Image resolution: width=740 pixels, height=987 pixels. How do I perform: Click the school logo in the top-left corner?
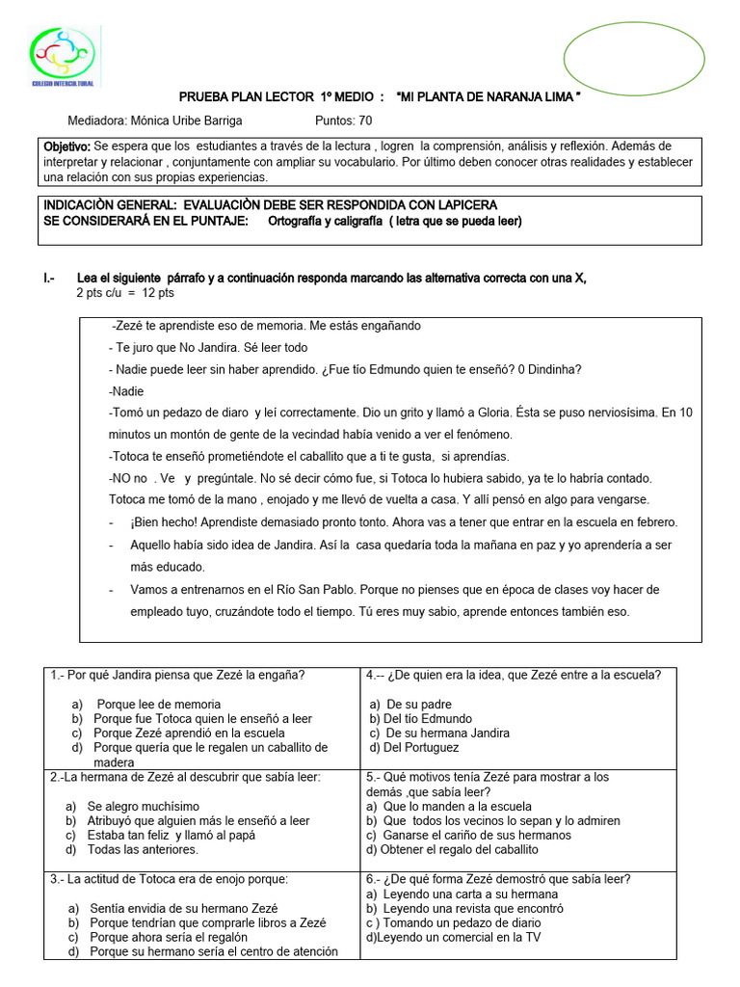(x=63, y=57)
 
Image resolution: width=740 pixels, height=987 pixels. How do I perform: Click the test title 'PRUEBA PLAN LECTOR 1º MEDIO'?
(x=281, y=98)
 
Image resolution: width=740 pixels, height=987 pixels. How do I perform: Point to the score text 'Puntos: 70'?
(x=343, y=120)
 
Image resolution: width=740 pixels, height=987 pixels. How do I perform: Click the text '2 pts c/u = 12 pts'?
(x=124, y=293)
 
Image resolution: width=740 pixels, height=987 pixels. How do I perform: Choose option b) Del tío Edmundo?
(x=421, y=718)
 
